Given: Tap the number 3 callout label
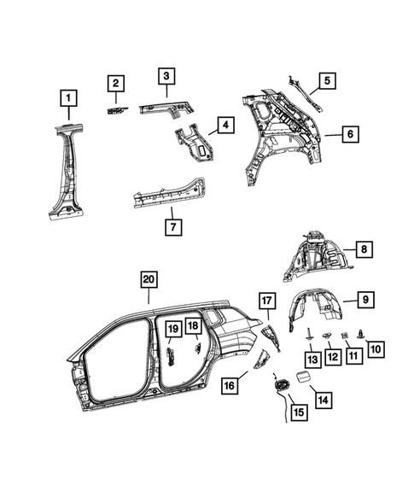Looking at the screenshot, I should coord(165,77).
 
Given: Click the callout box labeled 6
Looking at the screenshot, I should coord(348,133).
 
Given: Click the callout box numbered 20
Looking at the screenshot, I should coord(149,280).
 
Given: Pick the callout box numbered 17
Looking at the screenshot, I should coord(267,300).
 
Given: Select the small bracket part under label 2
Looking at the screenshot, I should coord(116,109).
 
